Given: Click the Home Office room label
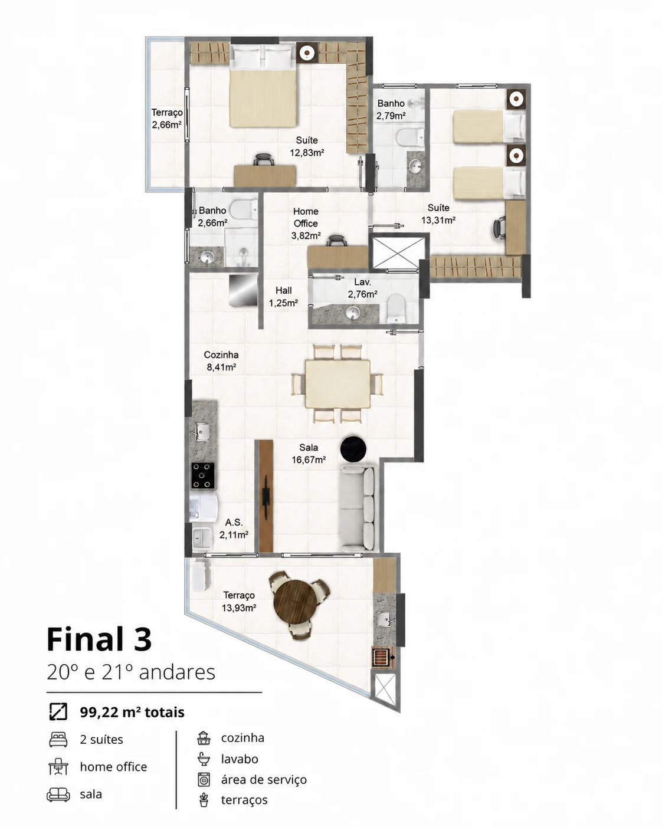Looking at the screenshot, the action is pos(306,217).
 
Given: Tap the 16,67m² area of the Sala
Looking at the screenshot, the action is pos(309,460).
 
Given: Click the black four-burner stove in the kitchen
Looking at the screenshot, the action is pos(203,475).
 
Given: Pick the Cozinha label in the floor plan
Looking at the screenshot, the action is pos(221,355).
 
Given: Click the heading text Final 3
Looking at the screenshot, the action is pos(99,639).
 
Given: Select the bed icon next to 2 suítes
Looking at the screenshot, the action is pos(58,739).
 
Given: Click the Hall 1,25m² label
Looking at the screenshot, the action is pos(283,297).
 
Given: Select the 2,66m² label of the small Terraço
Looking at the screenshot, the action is pos(166,125).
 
